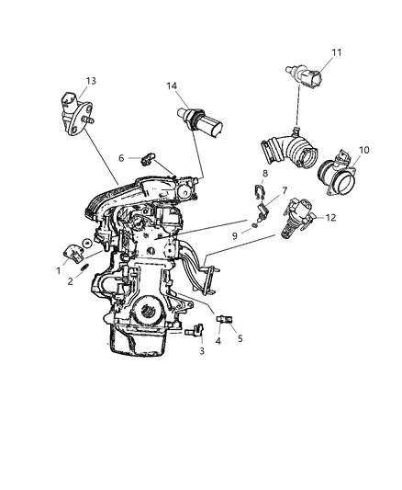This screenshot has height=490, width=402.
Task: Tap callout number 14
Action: point(172,86)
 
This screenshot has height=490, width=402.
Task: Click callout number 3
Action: point(201,350)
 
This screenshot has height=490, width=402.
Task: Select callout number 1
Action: point(58,271)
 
